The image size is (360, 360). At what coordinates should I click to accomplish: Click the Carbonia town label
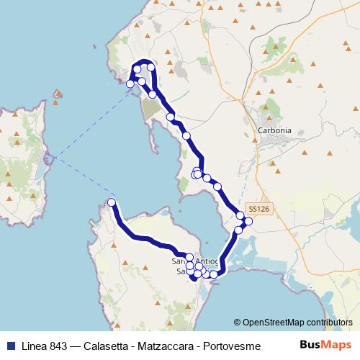pos(274,130)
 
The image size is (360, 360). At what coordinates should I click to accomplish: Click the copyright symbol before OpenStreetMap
pos(237,323)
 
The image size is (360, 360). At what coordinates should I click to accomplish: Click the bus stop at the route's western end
pos(112,202)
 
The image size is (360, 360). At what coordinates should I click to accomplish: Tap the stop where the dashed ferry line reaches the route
pos(130,84)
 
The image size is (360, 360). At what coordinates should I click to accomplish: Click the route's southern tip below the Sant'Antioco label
pos(194,280)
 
